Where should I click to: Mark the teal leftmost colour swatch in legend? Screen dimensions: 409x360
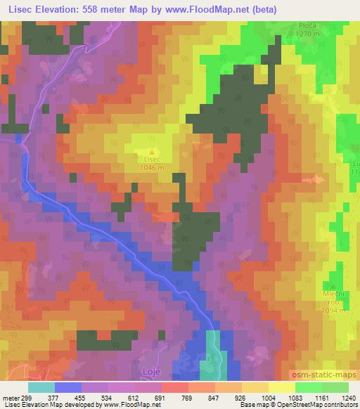pos(41,387)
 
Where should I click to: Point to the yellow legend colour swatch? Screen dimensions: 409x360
pos(281,387)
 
